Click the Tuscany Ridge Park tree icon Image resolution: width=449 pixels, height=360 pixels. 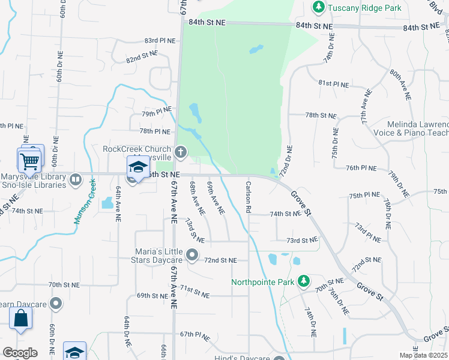click(318, 8)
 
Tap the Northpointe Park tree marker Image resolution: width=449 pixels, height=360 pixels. click(304, 281)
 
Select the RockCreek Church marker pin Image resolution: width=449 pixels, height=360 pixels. click(180, 152)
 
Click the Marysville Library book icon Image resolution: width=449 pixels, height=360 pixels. click(76, 179)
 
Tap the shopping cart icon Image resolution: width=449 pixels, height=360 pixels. click(29, 160)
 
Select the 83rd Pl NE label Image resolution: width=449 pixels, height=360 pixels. click(158, 40)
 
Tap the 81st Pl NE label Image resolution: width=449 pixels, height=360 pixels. click(333, 83)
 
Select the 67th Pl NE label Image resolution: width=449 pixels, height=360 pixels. click(194, 335)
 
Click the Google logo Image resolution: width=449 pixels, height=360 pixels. click(19, 353)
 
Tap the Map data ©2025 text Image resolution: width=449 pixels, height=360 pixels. click(423, 355)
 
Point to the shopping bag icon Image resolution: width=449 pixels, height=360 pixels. click(20, 319)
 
